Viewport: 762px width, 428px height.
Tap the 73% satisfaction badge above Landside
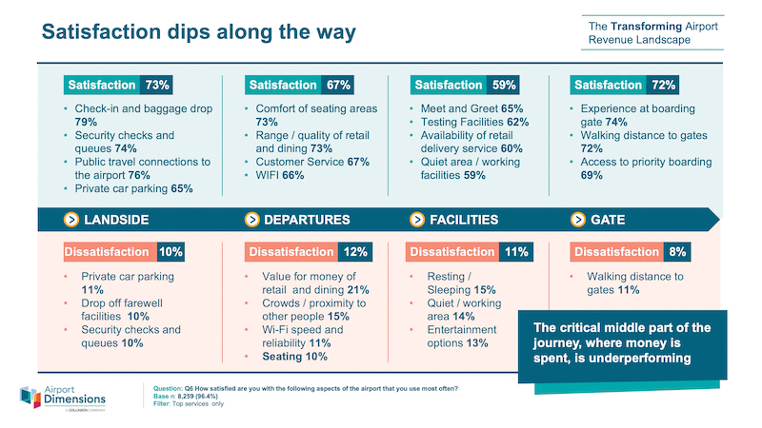point(157,85)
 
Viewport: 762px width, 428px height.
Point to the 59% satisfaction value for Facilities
point(503,85)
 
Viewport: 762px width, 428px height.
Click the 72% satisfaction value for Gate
point(663,85)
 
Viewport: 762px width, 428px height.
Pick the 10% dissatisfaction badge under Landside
point(170,252)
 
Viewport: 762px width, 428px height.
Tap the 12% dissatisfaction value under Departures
point(355,252)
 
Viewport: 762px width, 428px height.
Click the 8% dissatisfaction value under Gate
point(677,252)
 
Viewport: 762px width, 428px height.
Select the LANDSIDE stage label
point(116,220)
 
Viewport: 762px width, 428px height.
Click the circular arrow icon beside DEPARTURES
point(251,220)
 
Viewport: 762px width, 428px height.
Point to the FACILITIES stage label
point(464,220)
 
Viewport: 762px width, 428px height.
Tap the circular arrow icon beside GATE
point(577,220)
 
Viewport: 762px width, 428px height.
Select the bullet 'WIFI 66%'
point(278,175)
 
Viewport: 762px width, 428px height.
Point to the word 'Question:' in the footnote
point(169,387)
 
